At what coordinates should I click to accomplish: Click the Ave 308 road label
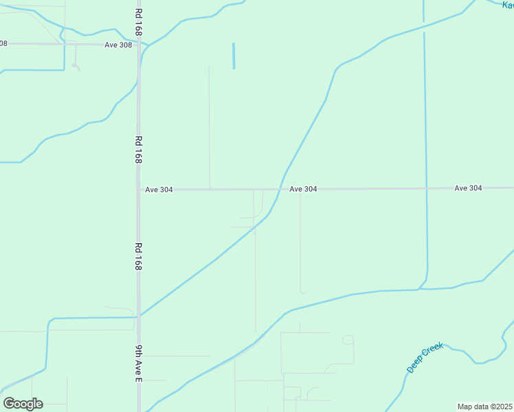[118, 45]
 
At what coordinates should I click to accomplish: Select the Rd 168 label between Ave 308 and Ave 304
[139, 148]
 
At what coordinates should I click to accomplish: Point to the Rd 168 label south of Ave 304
[139, 255]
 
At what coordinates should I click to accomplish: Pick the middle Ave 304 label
[303, 189]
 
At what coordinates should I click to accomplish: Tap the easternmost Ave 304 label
[468, 188]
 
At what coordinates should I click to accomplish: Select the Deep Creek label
[425, 358]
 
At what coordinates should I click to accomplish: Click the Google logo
[23, 404]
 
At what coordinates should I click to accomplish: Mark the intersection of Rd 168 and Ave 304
[139, 190]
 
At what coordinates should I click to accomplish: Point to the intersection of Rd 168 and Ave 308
[139, 45]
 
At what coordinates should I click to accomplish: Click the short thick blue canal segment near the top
[234, 56]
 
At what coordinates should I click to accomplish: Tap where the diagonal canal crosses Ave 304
[281, 189]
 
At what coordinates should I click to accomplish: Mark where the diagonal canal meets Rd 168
[139, 316]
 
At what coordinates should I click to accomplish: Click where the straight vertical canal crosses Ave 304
[425, 188]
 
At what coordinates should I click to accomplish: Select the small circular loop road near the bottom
[348, 339]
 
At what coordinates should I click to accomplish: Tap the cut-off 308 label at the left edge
[3, 43]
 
